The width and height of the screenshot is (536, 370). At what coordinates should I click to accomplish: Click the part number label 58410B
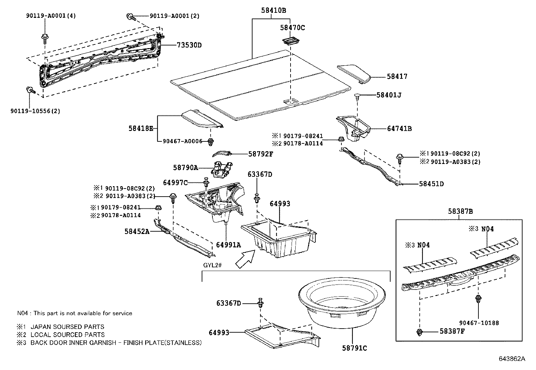[273, 10]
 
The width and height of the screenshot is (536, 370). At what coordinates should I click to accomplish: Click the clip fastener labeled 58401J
[358, 97]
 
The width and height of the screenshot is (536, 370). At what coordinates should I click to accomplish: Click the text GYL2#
[212, 265]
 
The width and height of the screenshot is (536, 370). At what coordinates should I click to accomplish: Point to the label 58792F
[261, 154]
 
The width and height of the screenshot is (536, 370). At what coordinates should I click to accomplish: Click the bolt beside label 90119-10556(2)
[30, 90]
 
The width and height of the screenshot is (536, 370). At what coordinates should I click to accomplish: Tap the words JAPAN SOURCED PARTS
[67, 327]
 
